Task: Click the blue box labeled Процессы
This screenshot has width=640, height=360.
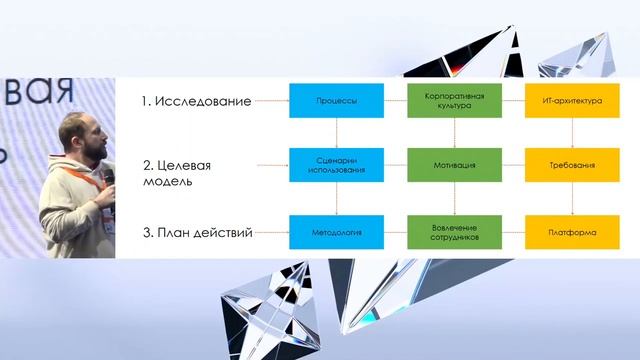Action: [336, 102]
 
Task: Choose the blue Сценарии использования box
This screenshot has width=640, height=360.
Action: [336, 165]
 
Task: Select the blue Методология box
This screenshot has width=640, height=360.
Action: [336, 232]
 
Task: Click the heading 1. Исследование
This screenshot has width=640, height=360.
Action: [196, 102]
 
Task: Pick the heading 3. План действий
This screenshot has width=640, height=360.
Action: [196, 233]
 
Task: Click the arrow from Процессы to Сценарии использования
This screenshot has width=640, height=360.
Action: [336, 133]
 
